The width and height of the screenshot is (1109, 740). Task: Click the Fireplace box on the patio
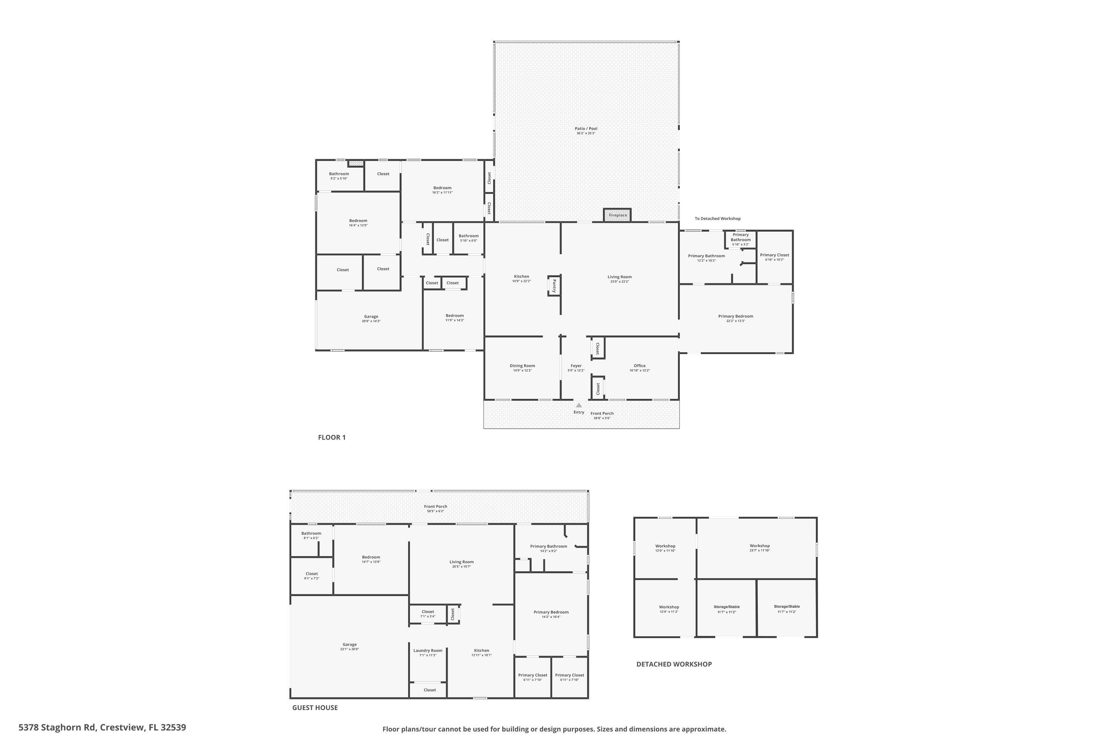(x=617, y=215)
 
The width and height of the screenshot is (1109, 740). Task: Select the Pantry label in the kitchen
(x=554, y=286)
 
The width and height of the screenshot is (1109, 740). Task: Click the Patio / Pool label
(x=586, y=129)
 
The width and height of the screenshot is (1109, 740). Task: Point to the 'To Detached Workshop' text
(x=717, y=219)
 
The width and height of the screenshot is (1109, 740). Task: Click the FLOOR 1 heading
(x=332, y=437)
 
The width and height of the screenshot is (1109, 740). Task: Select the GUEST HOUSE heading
(x=315, y=707)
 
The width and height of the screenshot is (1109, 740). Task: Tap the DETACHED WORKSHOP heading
(x=674, y=664)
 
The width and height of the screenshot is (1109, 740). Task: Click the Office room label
(x=640, y=366)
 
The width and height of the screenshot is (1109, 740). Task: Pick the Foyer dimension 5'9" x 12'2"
(x=576, y=370)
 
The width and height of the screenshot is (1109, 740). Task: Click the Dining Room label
(x=522, y=366)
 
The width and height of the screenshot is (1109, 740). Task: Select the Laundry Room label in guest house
(x=428, y=650)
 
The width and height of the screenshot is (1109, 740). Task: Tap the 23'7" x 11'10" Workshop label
(x=759, y=548)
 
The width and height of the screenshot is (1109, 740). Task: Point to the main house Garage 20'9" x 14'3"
(x=371, y=319)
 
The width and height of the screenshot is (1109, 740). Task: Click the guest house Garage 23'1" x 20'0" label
(x=349, y=646)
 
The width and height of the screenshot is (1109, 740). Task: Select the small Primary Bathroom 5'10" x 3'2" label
(x=740, y=239)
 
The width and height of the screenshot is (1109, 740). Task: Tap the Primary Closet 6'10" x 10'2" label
(x=774, y=257)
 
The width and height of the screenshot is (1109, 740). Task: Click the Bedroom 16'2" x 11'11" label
(x=442, y=190)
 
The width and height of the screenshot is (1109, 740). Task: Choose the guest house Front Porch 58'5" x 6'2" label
(x=435, y=508)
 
